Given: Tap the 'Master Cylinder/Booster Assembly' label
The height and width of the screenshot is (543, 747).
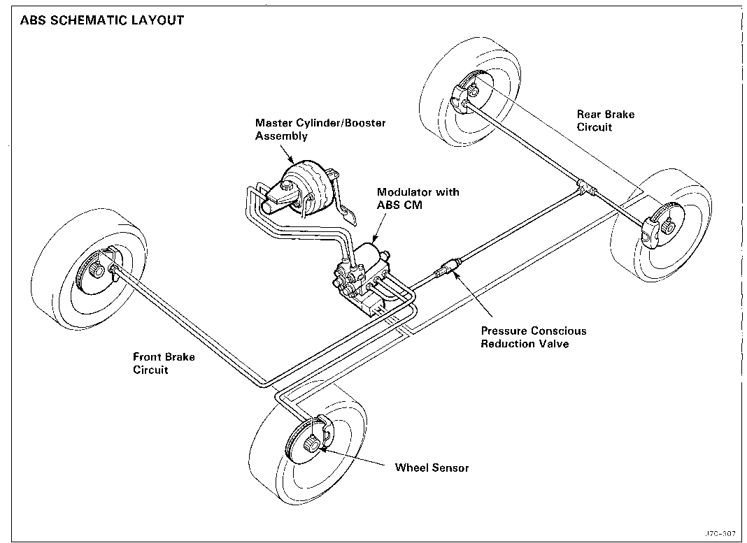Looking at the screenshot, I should pyautogui.click(x=320, y=129).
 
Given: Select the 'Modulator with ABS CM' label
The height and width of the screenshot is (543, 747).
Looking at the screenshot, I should pyautogui.click(x=418, y=198).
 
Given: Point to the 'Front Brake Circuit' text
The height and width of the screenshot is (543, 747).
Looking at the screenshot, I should pyautogui.click(x=164, y=363).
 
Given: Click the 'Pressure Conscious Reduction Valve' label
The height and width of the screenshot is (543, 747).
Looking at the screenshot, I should pyautogui.click(x=533, y=337).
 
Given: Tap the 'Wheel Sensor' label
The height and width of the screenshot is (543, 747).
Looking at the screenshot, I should pyautogui.click(x=432, y=468).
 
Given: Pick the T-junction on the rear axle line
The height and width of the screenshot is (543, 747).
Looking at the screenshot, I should pyautogui.click(x=582, y=187).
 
